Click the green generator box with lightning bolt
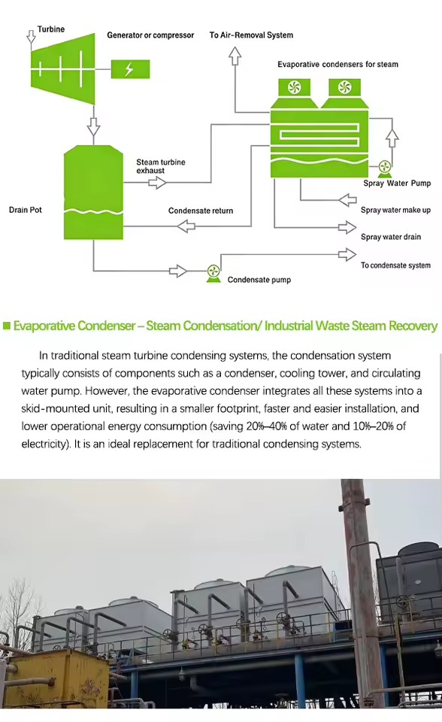[130, 69]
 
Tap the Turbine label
[51, 29]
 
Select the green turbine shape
[63, 69]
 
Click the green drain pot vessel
[93, 192]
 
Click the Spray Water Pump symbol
[384, 168]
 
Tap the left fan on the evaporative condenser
[294, 87]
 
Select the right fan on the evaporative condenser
[344, 87]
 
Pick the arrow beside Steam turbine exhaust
[157, 183]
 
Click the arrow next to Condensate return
[186, 226]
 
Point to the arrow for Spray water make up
[347, 200]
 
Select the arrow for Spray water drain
[347, 227]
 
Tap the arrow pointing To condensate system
[347, 254]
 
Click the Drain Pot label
[26, 210]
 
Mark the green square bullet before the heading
[7, 326]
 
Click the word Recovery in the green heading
[413, 326]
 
